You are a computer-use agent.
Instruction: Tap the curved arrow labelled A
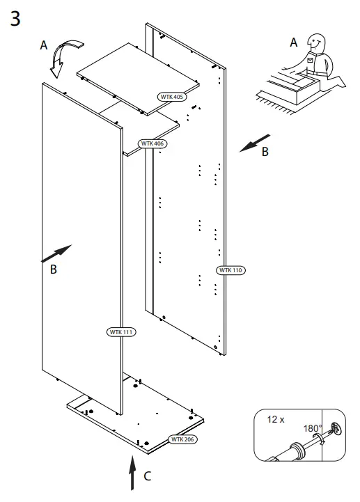click(62, 58)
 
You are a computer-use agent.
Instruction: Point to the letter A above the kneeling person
click(293, 42)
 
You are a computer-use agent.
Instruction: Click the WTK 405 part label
click(171, 97)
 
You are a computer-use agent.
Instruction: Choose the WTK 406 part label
click(153, 143)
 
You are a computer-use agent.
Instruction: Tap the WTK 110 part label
click(232, 270)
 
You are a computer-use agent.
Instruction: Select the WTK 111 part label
click(121, 332)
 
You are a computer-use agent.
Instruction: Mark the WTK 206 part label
click(183, 439)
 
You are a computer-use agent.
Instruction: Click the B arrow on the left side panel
click(57, 253)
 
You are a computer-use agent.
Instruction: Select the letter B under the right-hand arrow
click(265, 152)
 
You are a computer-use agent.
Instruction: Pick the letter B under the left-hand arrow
click(54, 271)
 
